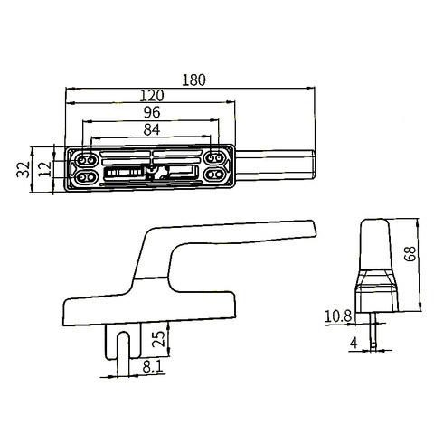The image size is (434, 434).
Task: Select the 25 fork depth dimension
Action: tap(159, 339)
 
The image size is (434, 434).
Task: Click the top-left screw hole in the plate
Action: tap(87, 156)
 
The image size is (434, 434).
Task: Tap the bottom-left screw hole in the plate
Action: tap(87, 175)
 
